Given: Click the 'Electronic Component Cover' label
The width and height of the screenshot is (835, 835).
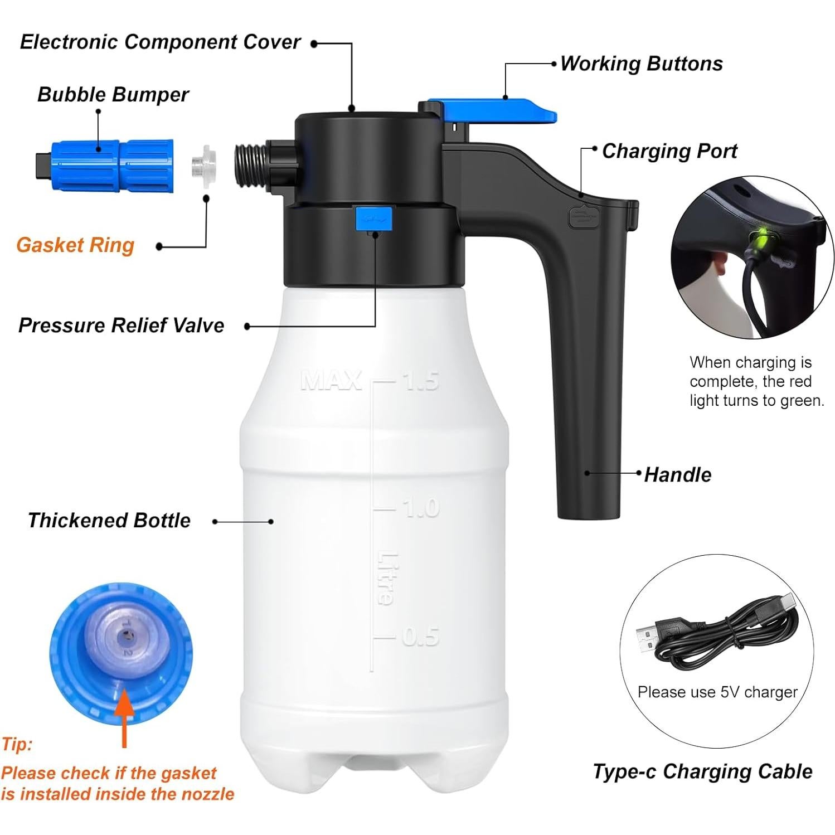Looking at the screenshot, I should coord(160,42).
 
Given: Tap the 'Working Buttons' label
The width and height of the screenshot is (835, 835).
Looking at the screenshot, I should coord(641,64).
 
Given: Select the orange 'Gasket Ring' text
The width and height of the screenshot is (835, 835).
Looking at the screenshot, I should coord(75,245).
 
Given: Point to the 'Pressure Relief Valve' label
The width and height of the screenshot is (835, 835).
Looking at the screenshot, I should coord(121,326).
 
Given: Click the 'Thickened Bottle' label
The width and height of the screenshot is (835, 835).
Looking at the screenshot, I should coord(109,521).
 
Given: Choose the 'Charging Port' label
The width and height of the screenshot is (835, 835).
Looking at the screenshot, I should coord(669,151).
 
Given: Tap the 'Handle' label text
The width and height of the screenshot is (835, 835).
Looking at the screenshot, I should coord(677,475).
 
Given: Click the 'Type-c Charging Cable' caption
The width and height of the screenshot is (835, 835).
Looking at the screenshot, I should coord(702,771).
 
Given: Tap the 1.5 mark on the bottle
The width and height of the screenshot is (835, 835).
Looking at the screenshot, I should coord(421,381).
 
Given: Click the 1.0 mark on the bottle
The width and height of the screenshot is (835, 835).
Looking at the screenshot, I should coord(421,508).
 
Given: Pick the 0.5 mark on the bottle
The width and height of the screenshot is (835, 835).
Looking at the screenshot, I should coord(420,637).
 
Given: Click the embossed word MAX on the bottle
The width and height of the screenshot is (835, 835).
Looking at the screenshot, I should coord(331,381).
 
